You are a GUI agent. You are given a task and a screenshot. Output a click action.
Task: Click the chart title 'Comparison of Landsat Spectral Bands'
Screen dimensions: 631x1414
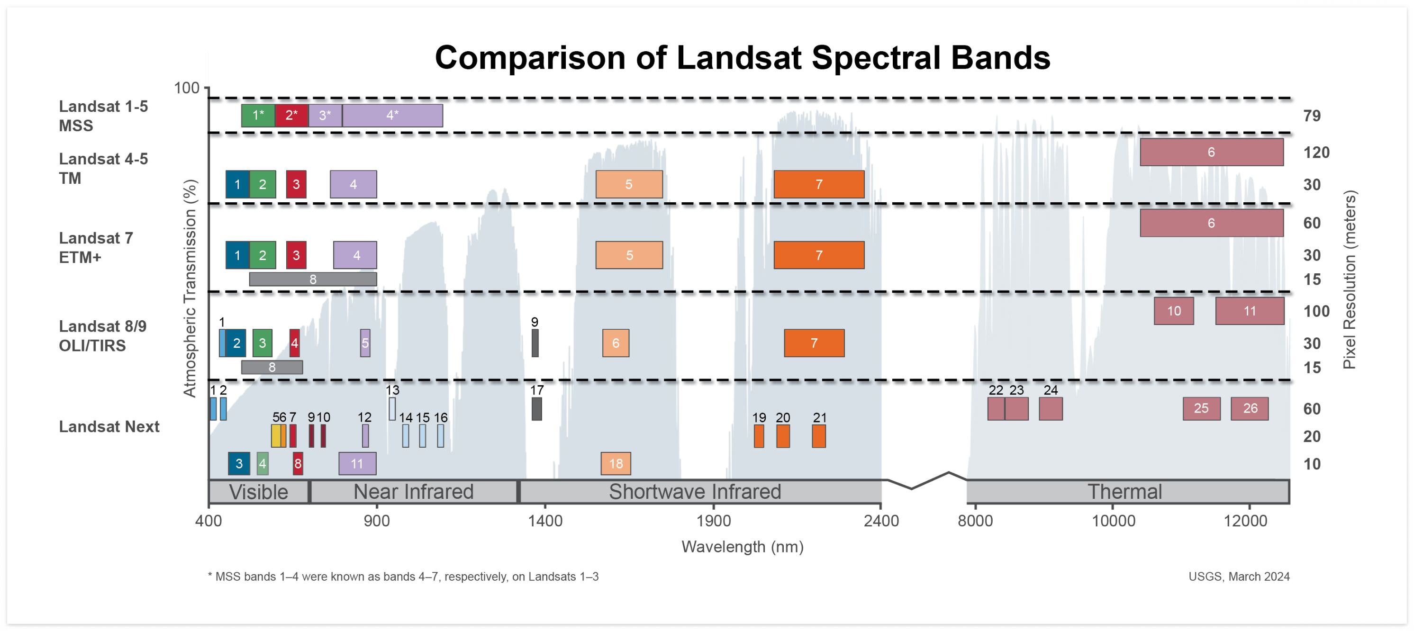[x=742, y=58]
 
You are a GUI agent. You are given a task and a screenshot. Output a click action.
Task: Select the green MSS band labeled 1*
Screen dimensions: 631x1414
[x=258, y=115]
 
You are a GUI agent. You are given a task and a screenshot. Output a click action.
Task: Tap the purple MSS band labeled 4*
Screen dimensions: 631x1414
[x=392, y=115]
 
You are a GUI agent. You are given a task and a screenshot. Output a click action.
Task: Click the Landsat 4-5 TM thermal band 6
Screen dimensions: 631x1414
[x=1212, y=152]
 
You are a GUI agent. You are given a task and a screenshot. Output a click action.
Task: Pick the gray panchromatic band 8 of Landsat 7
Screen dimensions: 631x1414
[x=313, y=279]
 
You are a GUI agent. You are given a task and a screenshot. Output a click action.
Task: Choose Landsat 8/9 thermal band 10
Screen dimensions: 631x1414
[x=1174, y=311]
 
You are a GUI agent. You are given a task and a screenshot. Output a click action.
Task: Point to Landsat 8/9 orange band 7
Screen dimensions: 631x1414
[x=814, y=343]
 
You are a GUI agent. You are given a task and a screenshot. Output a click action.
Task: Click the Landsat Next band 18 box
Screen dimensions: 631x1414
[x=616, y=464]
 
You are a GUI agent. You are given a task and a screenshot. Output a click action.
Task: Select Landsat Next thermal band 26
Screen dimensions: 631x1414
[x=1250, y=409]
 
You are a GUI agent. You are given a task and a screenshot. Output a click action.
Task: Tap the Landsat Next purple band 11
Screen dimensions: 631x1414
[x=357, y=464]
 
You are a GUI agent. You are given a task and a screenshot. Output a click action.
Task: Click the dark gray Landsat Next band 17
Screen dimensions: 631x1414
[x=537, y=409]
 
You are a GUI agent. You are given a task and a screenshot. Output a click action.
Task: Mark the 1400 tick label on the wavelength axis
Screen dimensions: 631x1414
[x=545, y=520]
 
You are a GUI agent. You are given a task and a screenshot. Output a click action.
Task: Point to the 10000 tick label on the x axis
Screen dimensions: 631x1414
[x=1113, y=520]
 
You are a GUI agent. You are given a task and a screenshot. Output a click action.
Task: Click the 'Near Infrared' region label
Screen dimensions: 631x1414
[x=413, y=492]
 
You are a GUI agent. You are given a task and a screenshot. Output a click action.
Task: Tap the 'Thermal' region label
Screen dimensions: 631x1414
[x=1125, y=492]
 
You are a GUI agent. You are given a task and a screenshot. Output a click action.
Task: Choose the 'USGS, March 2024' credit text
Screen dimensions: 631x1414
[x=1239, y=577]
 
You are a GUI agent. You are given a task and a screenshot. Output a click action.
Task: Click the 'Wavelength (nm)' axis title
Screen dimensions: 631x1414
[x=742, y=547]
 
